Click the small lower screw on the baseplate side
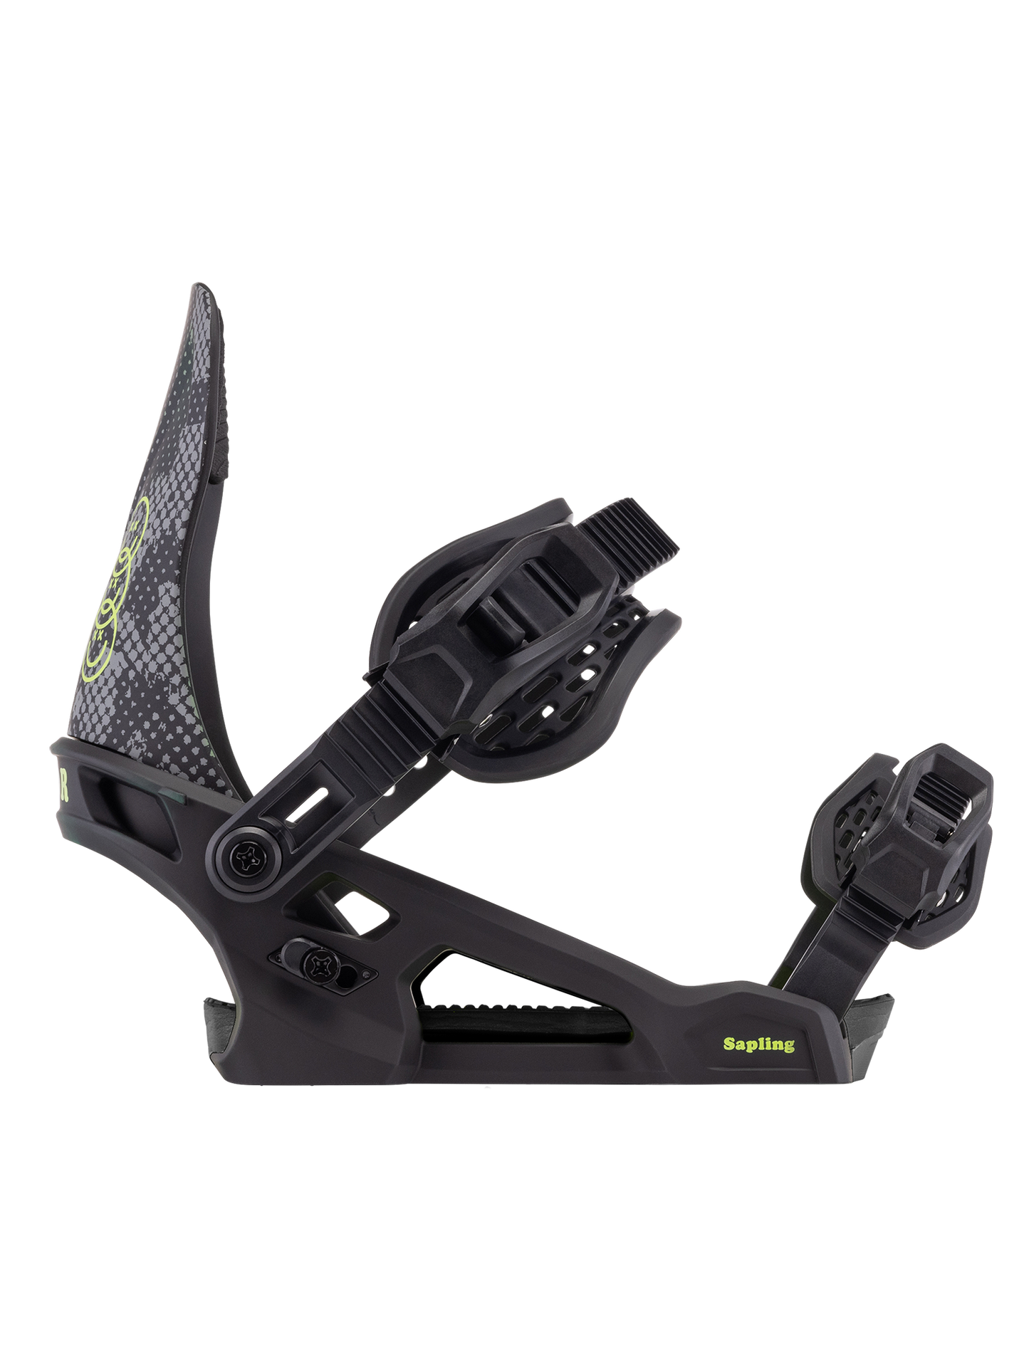313,965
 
